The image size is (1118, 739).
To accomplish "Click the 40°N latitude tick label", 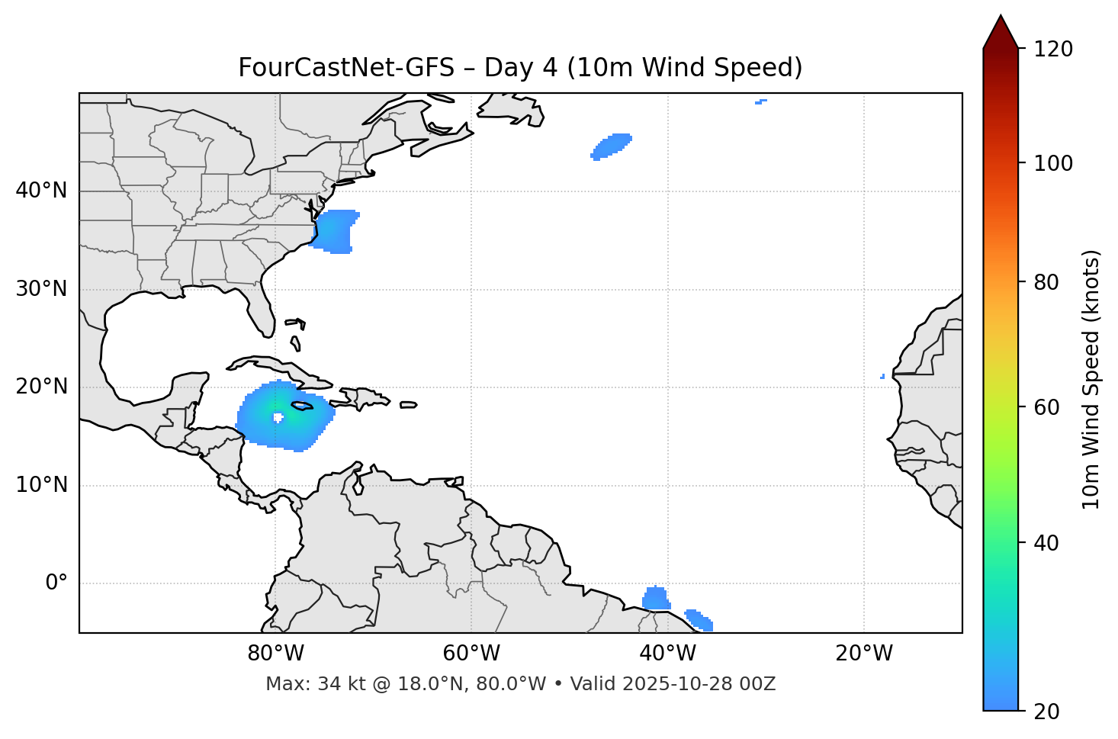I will (41, 191).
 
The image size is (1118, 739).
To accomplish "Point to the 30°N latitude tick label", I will (41, 289).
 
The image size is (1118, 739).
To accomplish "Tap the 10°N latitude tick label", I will (41, 485).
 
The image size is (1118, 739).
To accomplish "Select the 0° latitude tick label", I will (56, 583).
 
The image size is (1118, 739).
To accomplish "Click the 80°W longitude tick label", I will (275, 654).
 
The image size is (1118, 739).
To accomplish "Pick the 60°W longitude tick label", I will (471, 654).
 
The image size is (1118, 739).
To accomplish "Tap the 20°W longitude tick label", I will (864, 654).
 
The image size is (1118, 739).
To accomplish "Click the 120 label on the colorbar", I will (1053, 50).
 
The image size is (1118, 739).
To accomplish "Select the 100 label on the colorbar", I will (1053, 163).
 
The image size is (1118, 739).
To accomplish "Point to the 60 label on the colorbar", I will (1046, 407).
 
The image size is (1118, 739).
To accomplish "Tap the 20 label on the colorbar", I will (1046, 712).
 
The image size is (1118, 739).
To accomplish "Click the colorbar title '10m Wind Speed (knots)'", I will (1091, 379).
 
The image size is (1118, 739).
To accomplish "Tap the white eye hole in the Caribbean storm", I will (278, 417).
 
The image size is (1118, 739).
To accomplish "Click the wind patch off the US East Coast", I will (335, 232).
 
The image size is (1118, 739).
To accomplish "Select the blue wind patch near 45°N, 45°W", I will (612, 146).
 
